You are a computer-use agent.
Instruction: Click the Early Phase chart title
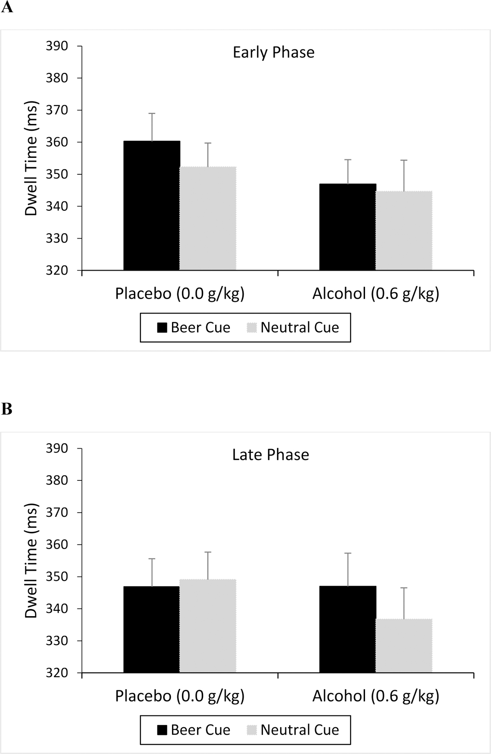pyautogui.click(x=273, y=52)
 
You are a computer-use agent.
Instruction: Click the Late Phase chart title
pyautogui.click(x=270, y=454)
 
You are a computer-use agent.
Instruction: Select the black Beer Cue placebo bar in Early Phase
pyautogui.click(x=152, y=206)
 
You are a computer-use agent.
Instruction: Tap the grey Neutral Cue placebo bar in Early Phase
pyautogui.click(x=208, y=218)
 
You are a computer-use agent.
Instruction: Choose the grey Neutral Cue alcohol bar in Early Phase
pyautogui.click(x=404, y=231)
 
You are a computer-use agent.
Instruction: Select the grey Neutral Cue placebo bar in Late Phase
pyautogui.click(x=208, y=626)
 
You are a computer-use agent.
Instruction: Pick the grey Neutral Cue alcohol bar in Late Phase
pyautogui.click(x=404, y=646)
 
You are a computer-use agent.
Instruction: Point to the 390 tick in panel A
pyautogui.click(x=57, y=46)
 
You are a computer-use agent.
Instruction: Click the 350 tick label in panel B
pyautogui.click(x=57, y=577)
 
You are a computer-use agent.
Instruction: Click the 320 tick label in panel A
pyautogui.click(x=57, y=271)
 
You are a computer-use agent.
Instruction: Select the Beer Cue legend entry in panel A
pyautogui.click(x=193, y=328)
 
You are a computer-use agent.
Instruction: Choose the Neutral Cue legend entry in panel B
pyautogui.click(x=293, y=730)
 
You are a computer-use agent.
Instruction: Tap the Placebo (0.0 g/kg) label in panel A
pyautogui.click(x=180, y=294)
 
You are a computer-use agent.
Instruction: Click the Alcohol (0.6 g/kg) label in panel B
pyautogui.click(x=375, y=696)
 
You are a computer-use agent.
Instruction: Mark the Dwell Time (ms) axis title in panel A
pyautogui.click(x=31, y=158)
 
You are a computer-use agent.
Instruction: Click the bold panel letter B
pyautogui.click(x=7, y=409)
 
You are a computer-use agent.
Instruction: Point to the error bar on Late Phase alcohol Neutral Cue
pyautogui.click(x=404, y=603)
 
